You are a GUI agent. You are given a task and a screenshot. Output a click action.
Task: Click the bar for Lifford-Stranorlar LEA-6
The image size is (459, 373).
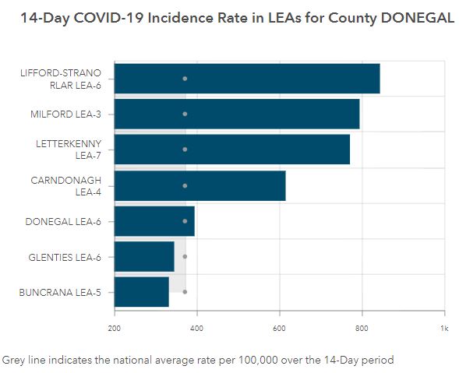pos(247,79)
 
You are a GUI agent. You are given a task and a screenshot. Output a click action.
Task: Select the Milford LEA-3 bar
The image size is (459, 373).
pos(237,114)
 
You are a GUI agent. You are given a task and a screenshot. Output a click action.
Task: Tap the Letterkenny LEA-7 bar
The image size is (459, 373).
pos(232,150)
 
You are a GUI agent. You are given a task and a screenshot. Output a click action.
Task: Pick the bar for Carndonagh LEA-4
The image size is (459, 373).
pos(200,186)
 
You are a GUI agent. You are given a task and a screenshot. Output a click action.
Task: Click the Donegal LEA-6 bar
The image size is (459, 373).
pos(154,221)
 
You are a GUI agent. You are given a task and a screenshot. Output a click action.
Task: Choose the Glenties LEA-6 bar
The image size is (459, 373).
pos(144,256)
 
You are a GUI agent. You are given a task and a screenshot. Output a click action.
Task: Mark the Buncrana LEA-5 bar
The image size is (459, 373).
pos(141,292)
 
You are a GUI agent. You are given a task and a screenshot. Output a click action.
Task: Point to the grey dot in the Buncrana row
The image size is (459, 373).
pos(185,292)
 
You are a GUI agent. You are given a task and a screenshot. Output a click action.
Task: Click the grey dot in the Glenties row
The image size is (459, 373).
pos(185,256)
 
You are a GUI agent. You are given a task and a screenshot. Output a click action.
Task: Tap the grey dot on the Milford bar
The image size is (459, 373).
pos(185,114)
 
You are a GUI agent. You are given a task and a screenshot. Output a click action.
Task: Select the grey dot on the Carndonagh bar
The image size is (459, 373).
pos(185,186)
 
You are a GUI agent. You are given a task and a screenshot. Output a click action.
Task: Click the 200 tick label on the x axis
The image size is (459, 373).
pos(114,329)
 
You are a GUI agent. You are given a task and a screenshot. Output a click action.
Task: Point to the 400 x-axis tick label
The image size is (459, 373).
pos(196,329)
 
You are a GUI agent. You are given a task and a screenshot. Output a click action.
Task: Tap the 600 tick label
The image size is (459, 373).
pos(279,329)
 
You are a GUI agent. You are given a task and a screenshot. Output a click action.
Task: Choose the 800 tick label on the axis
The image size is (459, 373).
pos(362,329)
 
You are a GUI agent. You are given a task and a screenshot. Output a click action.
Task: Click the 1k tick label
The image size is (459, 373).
pos(444,329)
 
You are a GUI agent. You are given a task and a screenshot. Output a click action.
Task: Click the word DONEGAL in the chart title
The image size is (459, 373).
pos(418,18)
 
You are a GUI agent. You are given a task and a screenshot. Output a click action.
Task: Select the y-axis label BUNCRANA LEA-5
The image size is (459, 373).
pos(60,293)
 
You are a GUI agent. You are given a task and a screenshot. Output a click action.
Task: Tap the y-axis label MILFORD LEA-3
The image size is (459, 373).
pos(65,114)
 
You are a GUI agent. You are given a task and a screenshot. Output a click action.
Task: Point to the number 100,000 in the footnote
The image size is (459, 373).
pos(258,360)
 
